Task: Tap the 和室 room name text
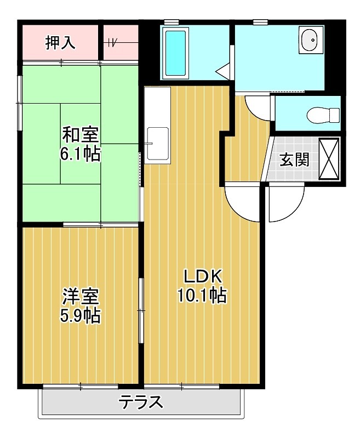pos(80,134)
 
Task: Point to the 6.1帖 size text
pos(80,154)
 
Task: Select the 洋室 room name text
pos(80,296)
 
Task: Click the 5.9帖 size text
pos(80,316)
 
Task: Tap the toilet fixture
pos(323,115)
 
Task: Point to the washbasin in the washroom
pos(308,40)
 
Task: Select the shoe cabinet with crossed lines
pos(329,158)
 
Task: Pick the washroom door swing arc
pos(256,106)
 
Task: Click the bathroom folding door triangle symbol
pos(223,72)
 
